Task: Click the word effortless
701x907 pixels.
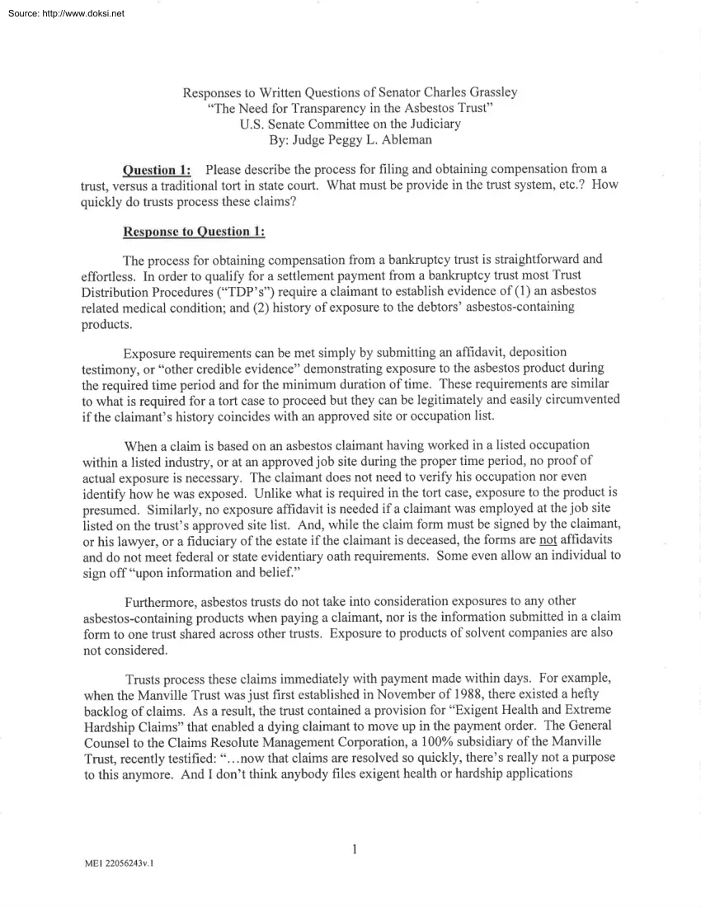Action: pos(111,276)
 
